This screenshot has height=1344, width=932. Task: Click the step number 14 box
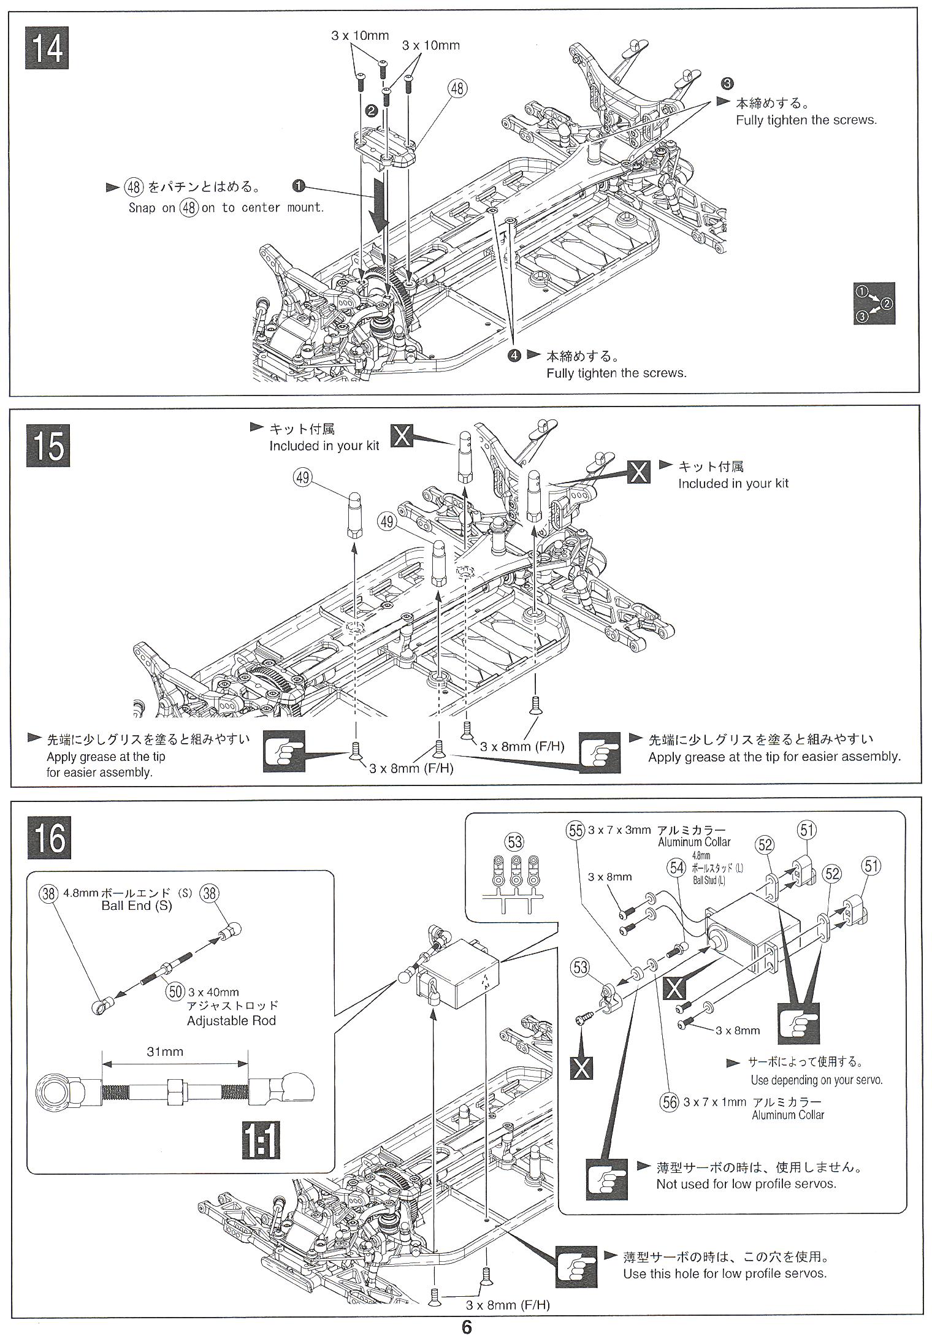point(47,48)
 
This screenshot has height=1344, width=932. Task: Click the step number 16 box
point(49,837)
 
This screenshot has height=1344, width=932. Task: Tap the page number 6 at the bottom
point(467,1327)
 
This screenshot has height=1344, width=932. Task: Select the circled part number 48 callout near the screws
point(457,89)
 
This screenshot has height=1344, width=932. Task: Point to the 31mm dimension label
point(165,1052)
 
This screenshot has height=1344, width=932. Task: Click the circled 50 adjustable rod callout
point(176,991)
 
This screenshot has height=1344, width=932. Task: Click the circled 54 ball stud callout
point(677,867)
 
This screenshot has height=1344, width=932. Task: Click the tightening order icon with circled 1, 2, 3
point(875,304)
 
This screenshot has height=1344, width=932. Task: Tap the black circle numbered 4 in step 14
point(514,355)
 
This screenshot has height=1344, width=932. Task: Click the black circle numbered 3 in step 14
point(727,83)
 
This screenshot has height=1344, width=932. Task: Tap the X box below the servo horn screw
point(581,1068)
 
